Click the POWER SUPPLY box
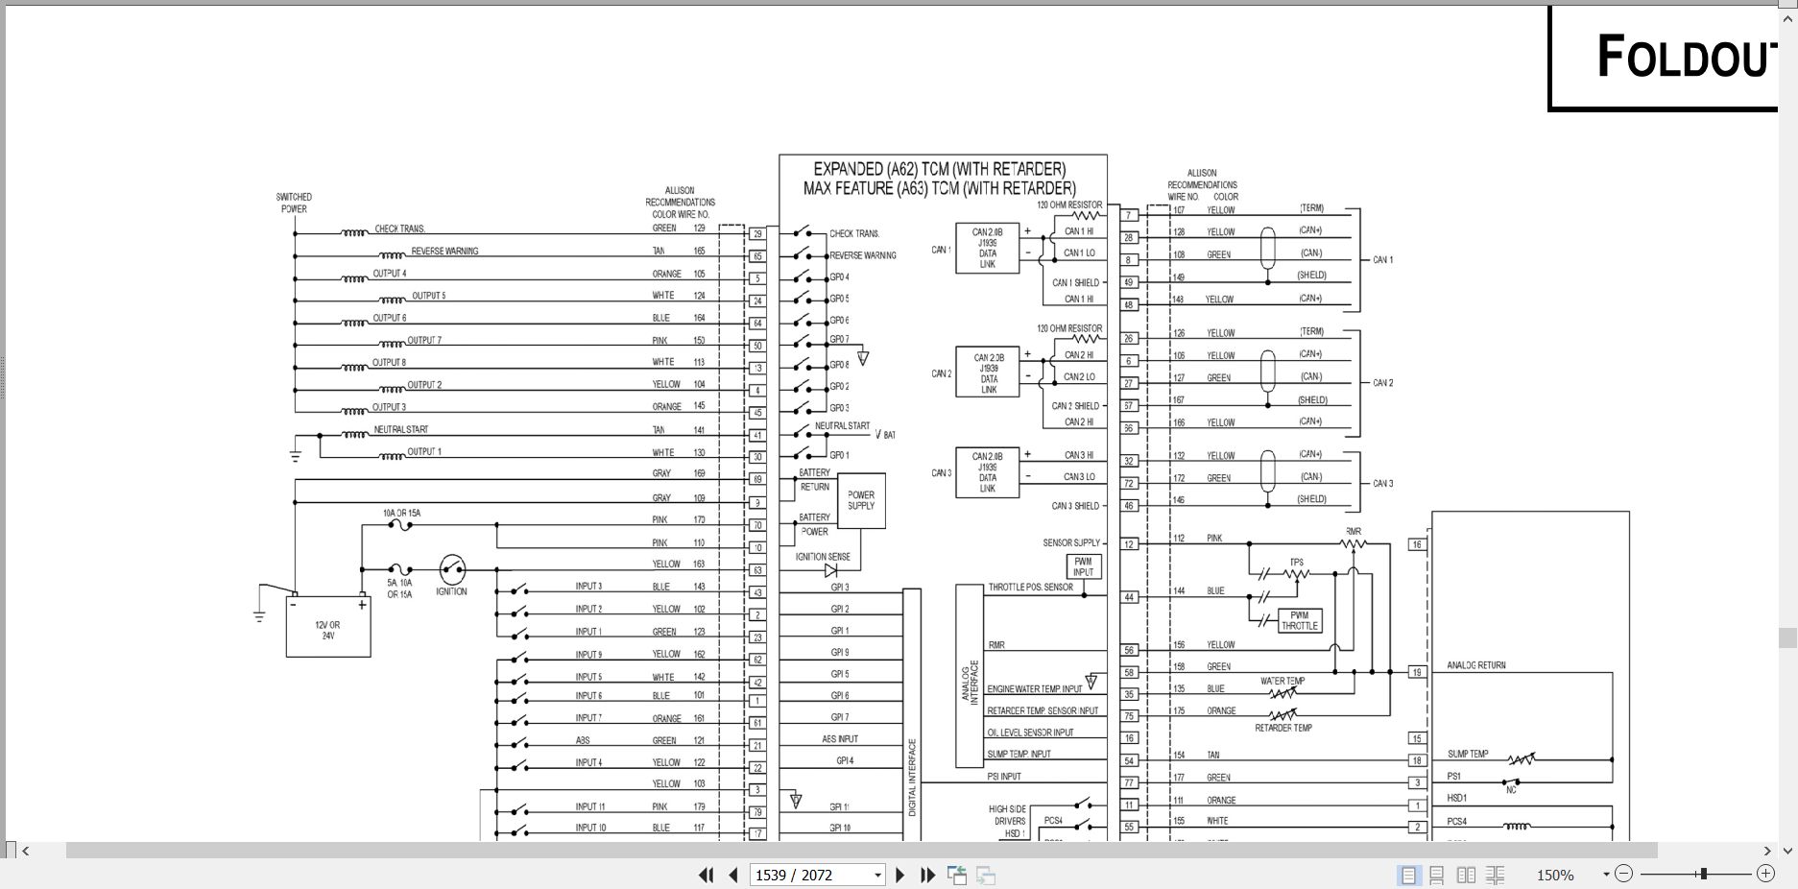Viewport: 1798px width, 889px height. [861, 500]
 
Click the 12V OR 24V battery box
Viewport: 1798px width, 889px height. [328, 630]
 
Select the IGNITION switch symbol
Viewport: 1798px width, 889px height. [452, 569]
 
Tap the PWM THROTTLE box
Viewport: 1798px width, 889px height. [1299, 620]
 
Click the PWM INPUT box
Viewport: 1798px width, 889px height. [1083, 566]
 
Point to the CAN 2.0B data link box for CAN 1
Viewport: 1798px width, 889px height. [987, 248]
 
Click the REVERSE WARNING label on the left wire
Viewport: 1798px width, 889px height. [444, 252]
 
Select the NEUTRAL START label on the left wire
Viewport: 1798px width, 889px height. [401, 429]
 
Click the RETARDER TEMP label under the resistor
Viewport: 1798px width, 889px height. [1283, 728]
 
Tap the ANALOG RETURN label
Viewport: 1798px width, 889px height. [1476, 665]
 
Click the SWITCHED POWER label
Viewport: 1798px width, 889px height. [294, 203]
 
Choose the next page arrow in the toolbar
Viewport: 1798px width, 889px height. [900, 875]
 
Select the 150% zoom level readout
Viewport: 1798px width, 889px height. [1555, 875]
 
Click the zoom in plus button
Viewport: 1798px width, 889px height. [1765, 874]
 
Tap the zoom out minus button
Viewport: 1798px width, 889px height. [1623, 874]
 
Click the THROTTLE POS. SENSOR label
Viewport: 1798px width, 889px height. [1030, 587]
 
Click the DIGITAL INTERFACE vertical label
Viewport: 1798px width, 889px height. [912, 778]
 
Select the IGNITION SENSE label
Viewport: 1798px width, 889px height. [823, 557]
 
